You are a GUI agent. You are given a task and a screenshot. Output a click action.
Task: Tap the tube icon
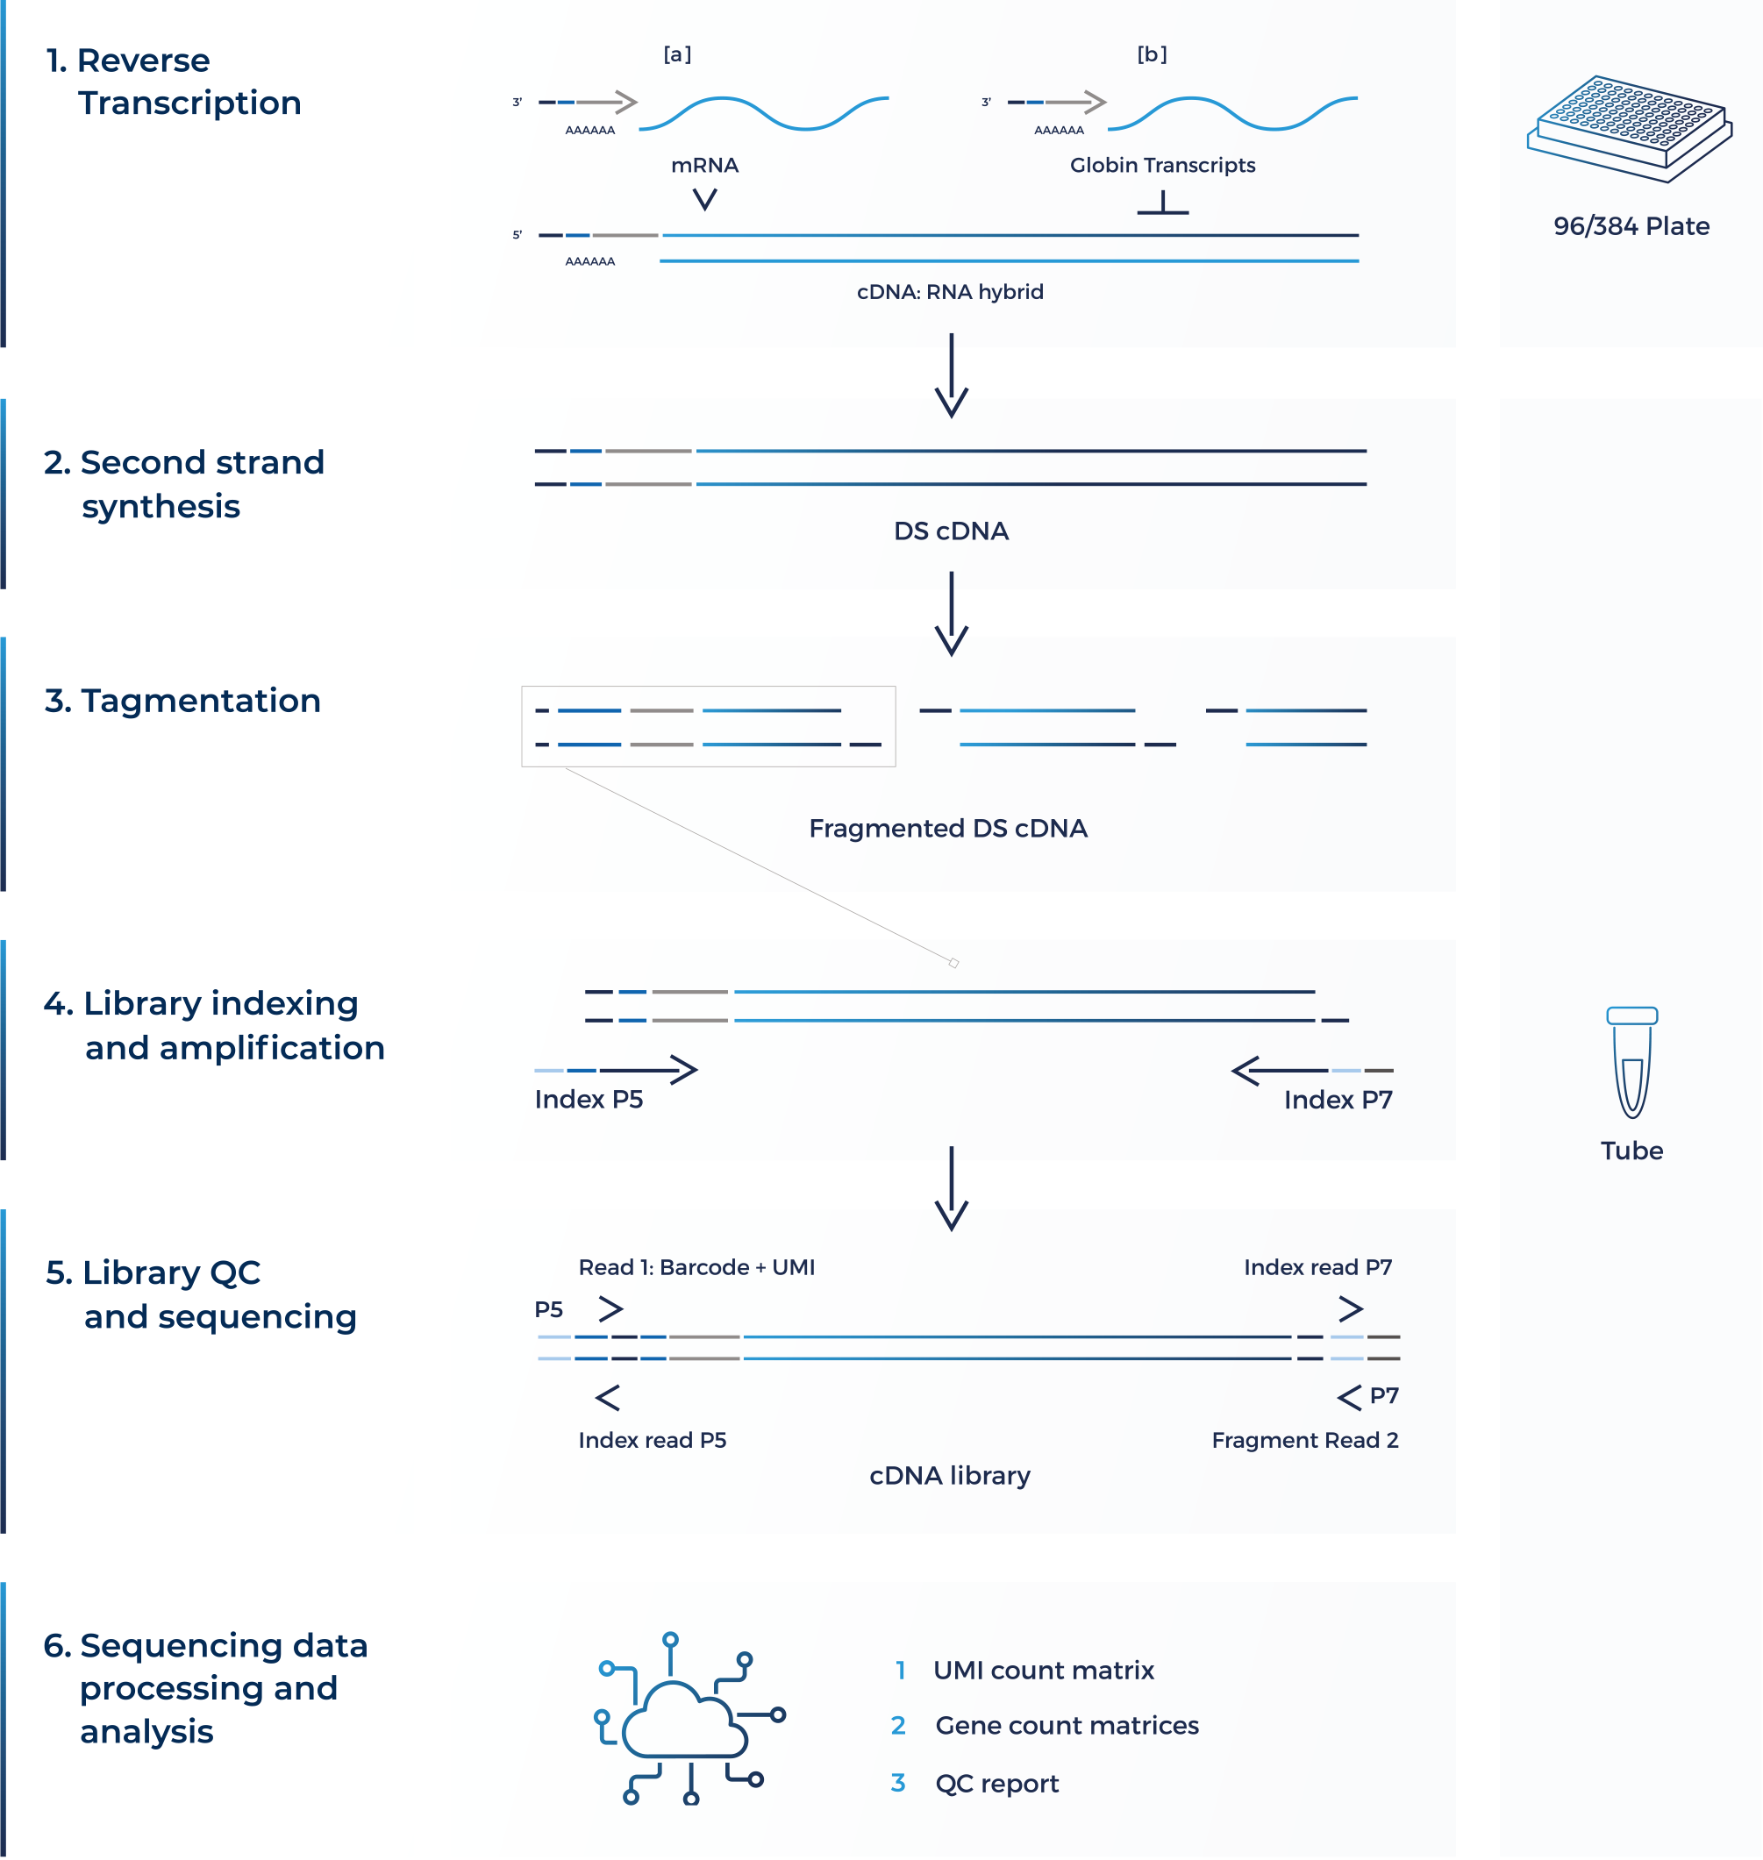1631,1061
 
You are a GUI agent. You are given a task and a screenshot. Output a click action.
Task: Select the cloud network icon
689,1718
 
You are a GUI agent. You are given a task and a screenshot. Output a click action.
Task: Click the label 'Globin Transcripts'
1162,166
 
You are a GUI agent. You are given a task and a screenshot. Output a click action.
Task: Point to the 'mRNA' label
705,166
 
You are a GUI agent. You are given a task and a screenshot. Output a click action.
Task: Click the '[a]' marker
677,54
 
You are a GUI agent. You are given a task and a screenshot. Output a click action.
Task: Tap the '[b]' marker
1153,54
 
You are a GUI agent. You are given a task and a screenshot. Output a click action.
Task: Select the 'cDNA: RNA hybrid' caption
950,292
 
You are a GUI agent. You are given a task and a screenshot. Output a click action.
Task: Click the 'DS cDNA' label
951,531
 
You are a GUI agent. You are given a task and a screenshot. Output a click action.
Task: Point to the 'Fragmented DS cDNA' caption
948,829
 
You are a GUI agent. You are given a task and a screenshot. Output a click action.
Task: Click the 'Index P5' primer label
589,1100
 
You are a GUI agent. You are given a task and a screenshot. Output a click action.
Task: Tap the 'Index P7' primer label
1338,1100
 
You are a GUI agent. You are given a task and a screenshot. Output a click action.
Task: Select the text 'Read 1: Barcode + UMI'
696,1268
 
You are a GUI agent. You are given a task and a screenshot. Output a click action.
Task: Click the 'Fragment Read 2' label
1304,1441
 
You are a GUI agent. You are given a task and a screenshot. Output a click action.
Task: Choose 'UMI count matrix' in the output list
1043,1671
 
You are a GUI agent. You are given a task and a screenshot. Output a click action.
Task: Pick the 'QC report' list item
997,1784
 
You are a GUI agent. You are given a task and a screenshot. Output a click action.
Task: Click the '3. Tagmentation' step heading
182,702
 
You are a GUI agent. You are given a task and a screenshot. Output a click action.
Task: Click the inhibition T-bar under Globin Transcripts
1162,202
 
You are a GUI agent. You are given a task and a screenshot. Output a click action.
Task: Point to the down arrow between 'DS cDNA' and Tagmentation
951,614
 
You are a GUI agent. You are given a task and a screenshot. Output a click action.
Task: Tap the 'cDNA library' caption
950,1476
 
